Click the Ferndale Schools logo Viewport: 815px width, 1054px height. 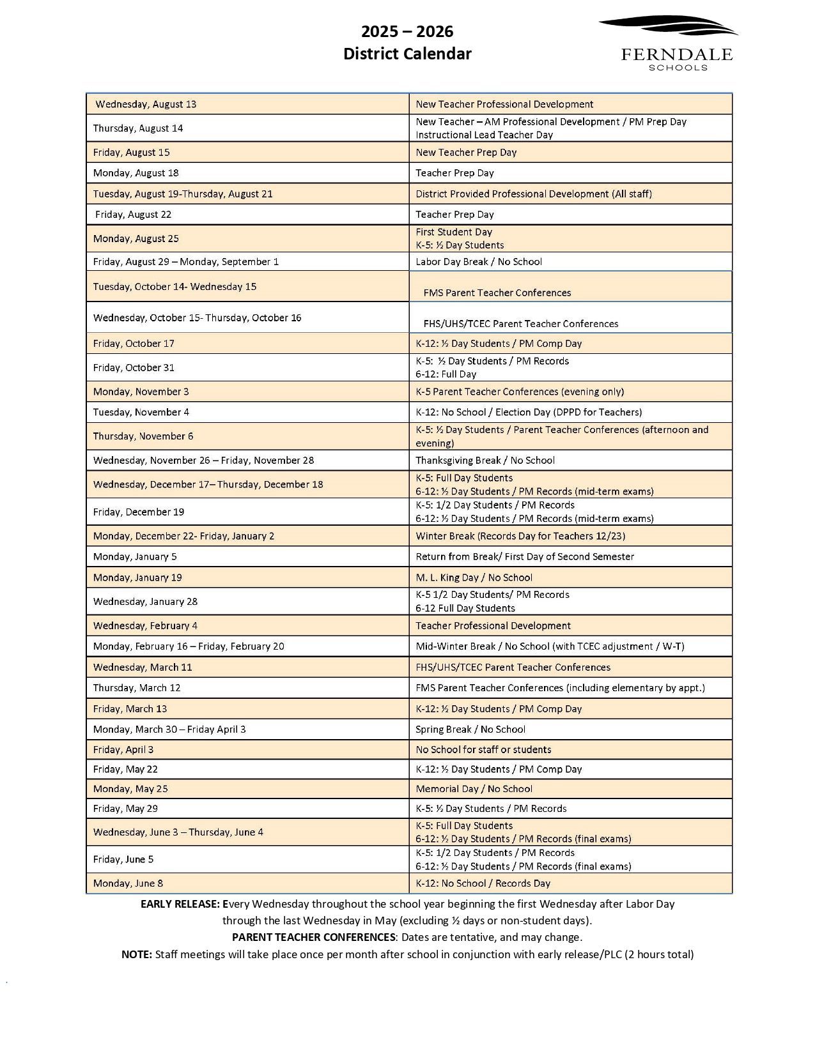tap(669, 43)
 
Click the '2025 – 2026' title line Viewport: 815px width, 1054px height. tap(407, 31)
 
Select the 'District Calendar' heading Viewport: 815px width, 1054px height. tap(407, 54)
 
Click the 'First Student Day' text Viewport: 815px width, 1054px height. tap(454, 232)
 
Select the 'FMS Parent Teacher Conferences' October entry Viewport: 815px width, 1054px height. tap(497, 293)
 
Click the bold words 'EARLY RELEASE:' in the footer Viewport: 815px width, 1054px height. tap(180, 905)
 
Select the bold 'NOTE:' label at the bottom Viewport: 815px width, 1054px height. tap(136, 955)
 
